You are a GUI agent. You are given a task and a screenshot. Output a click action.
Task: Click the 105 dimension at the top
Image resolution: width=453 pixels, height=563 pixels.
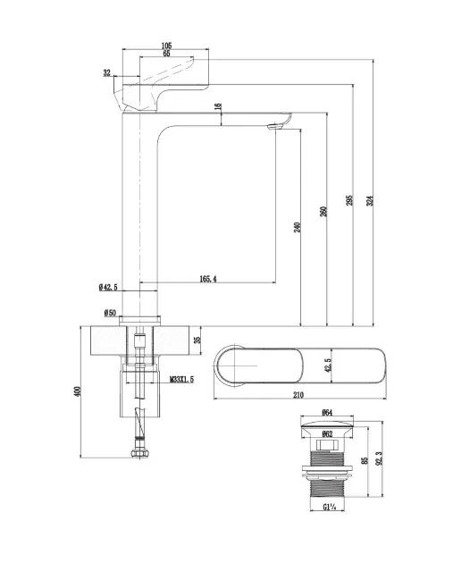coord(166,46)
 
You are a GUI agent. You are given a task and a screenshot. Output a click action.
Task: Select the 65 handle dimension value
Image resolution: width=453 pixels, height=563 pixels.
coord(166,54)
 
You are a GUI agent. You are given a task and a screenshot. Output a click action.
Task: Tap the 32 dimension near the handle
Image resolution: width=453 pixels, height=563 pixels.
coord(107,73)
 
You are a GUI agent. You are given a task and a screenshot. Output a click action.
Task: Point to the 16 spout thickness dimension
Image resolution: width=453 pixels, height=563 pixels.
coord(218,107)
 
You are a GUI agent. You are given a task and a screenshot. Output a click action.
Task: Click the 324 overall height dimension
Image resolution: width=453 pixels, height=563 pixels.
coord(370,200)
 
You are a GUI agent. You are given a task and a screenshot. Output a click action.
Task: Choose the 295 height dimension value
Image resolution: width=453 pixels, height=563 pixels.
coord(349,200)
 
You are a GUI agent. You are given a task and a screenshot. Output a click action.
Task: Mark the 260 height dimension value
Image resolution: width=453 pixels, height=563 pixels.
coord(323,212)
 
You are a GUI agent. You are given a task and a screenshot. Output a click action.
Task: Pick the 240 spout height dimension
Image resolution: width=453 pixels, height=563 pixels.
coord(298,227)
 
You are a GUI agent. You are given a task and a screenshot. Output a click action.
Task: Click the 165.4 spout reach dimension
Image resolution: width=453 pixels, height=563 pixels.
coord(208,279)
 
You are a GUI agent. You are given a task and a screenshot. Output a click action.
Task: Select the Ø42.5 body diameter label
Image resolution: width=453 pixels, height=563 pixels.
coord(108,287)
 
